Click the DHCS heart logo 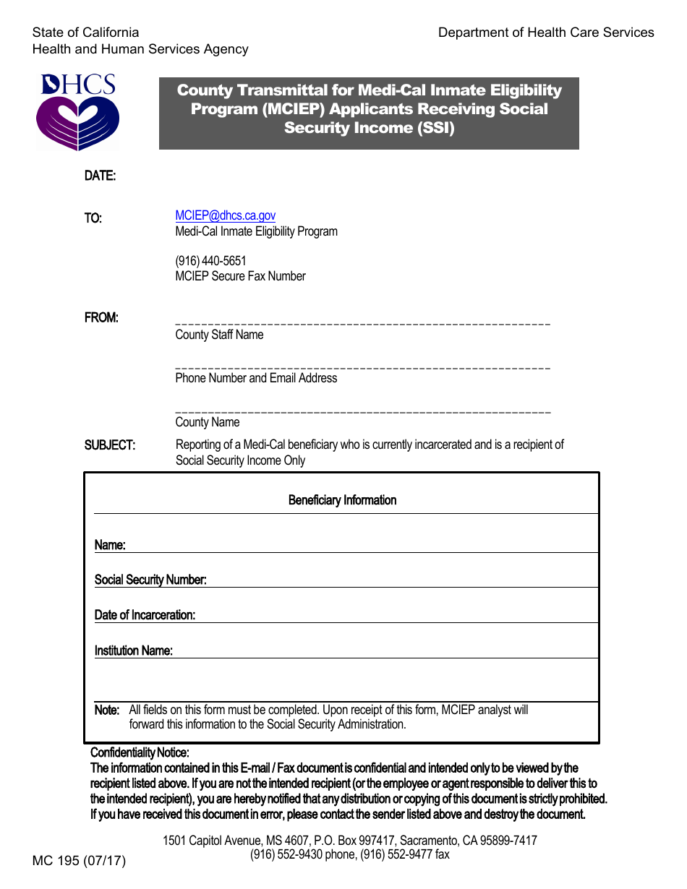pyautogui.click(x=78, y=113)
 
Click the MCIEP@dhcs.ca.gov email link pyautogui.click(x=225, y=215)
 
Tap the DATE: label pyautogui.click(x=100, y=176)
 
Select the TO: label pyautogui.click(x=93, y=218)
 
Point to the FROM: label pyautogui.click(x=101, y=318)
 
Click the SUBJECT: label pyautogui.click(x=109, y=445)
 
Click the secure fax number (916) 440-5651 pyautogui.click(x=210, y=261)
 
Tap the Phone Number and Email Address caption pyautogui.click(x=256, y=378)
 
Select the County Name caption pyautogui.click(x=207, y=422)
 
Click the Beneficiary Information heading pyautogui.click(x=342, y=500)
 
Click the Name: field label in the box pyautogui.click(x=110, y=545)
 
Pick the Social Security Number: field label pyautogui.click(x=150, y=580)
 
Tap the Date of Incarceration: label pyautogui.click(x=145, y=615)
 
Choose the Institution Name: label pyautogui.click(x=133, y=650)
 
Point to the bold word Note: pyautogui.click(x=107, y=710)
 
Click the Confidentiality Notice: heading pyautogui.click(x=140, y=753)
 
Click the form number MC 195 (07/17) pyautogui.click(x=79, y=861)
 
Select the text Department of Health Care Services pyautogui.click(x=546, y=33)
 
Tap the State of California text pyautogui.click(x=85, y=33)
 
